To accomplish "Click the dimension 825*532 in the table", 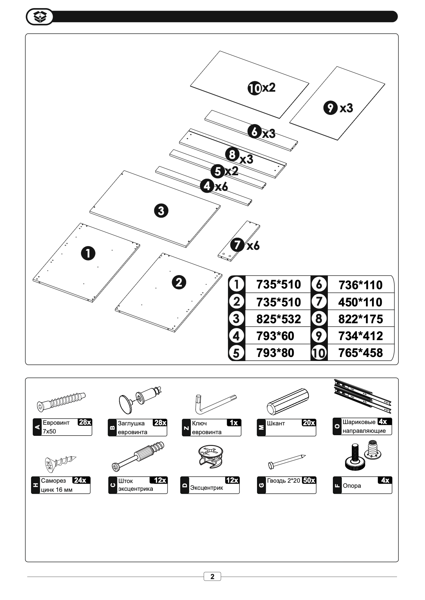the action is tap(278, 319).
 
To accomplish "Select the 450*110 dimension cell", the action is tap(360, 302).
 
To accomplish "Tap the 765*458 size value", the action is tap(361, 353).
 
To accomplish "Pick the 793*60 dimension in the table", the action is tap(275, 336).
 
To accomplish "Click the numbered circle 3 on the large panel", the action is tap(161, 211).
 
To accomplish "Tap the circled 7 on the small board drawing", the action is tap(237, 245).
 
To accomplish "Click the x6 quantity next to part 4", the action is tap(221, 186).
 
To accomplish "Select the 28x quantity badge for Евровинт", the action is tap(85, 422).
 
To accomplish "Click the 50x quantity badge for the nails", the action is tap(309, 480).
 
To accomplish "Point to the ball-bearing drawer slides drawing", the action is tap(362, 396).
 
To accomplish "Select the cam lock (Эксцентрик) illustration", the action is tap(211, 456).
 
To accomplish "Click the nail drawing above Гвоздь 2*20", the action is tap(287, 461).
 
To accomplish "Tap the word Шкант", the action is tap(276, 423).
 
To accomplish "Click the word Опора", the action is tap(352, 486).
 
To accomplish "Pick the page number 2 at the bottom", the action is tap(212, 576).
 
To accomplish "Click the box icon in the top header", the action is tap(40, 17).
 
